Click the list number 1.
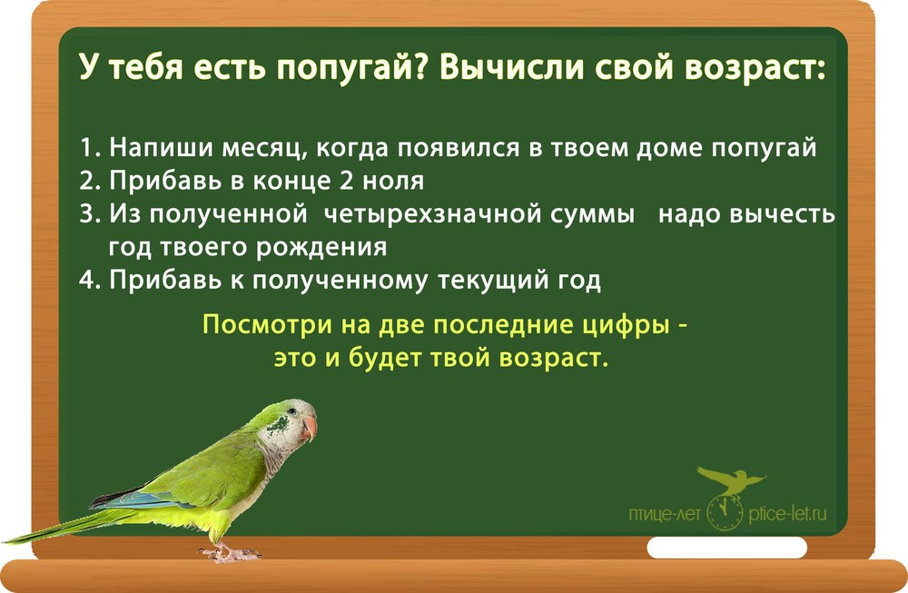pyautogui.click(x=88, y=148)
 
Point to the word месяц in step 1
pyautogui.click(x=264, y=149)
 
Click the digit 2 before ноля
pyautogui.click(x=346, y=181)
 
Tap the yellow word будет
pyautogui.click(x=386, y=358)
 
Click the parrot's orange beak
pyautogui.click(x=311, y=428)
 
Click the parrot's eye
pyautogui.click(x=291, y=410)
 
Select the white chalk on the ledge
pyautogui.click(x=726, y=548)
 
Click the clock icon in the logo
pyautogui.click(x=725, y=512)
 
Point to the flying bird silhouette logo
pyautogui.click(x=731, y=480)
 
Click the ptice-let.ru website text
pyautogui.click(x=787, y=514)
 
